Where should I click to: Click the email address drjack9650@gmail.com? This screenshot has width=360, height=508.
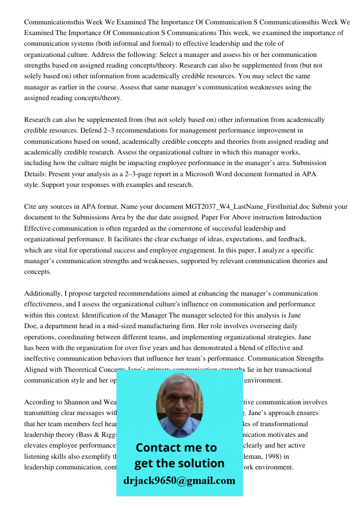[179, 481]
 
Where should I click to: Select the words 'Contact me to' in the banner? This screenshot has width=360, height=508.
[176, 448]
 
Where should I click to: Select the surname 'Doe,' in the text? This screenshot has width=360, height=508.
[31, 326]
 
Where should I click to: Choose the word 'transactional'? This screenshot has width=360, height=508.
[291, 370]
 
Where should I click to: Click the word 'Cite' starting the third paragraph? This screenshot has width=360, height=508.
[31, 207]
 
